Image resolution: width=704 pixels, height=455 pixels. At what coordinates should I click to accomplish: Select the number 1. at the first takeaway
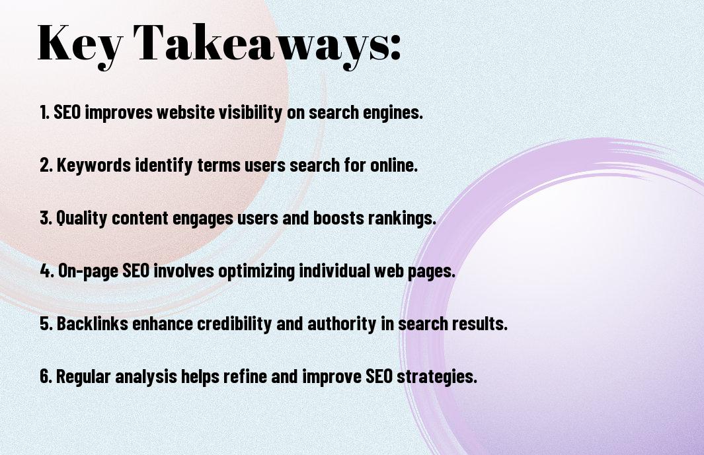[45, 113]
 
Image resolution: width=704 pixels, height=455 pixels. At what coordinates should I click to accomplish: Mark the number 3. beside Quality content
[46, 219]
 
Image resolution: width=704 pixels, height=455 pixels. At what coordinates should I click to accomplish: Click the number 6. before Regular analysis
[46, 377]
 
